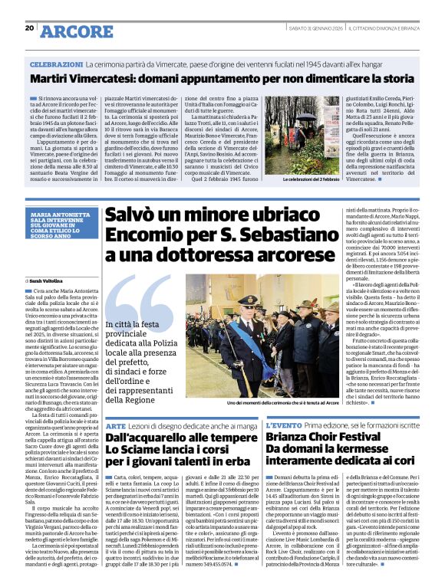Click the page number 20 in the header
[29, 28]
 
